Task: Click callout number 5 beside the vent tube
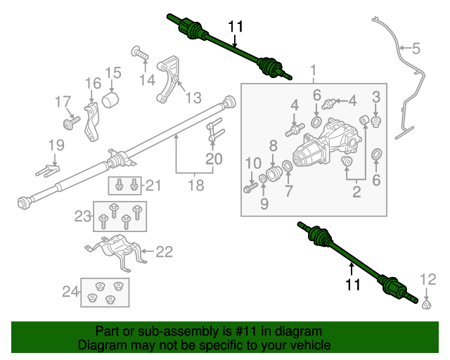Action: point(416,49)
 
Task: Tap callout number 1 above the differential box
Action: point(314,71)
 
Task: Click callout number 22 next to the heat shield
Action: point(164,251)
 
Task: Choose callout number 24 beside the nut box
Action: point(70,290)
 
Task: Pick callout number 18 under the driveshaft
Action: point(196,186)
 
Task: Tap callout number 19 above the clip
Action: point(56,146)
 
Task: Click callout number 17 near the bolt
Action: point(63,103)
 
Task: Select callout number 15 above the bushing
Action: point(114,72)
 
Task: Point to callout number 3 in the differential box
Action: point(376,96)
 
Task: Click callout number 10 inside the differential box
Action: point(253,165)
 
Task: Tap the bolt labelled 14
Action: point(138,52)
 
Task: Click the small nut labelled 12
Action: point(426,304)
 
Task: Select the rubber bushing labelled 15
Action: point(110,99)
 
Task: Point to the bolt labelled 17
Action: point(70,124)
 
